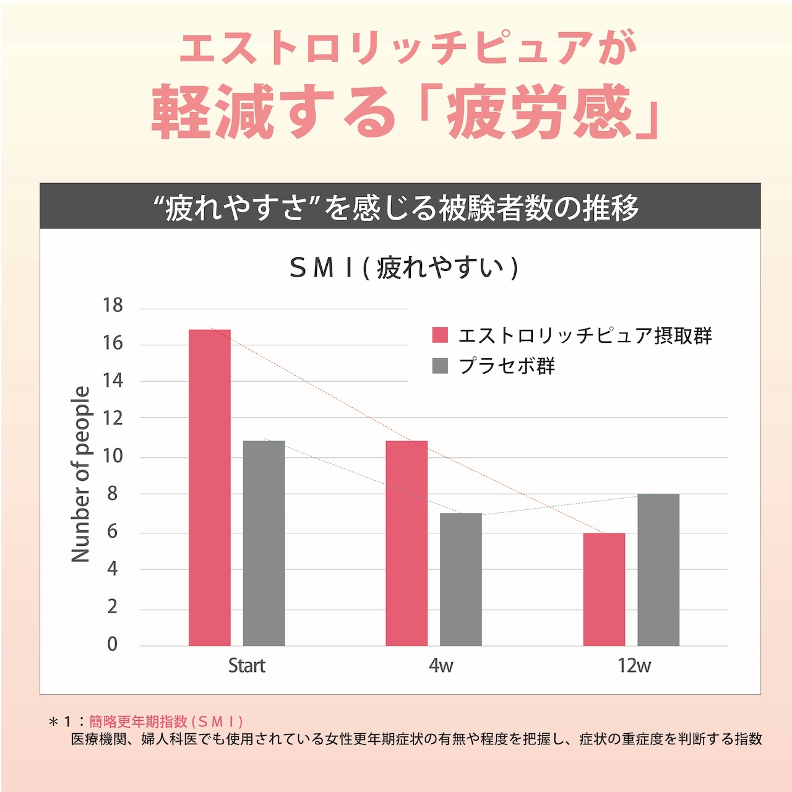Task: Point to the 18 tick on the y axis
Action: coord(113,305)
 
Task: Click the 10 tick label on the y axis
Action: coord(113,457)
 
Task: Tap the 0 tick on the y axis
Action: coord(112,644)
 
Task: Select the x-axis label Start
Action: coord(246,666)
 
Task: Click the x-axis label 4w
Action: coord(441,666)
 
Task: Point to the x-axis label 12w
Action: coord(634,666)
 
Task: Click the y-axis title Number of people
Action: coord(81,474)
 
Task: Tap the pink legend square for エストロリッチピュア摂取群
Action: coord(440,335)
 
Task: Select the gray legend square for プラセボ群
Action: coord(440,366)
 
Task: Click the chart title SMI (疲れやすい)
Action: coord(403,267)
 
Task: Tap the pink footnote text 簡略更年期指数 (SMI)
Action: coord(166,721)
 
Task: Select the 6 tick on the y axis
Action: coord(112,532)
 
